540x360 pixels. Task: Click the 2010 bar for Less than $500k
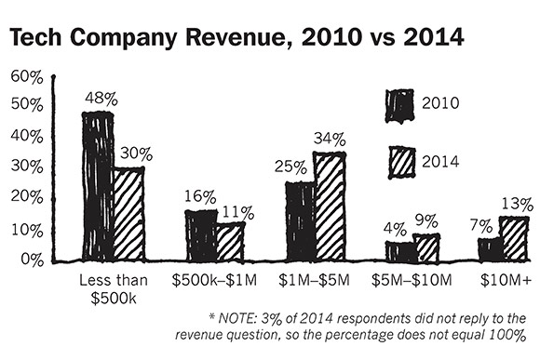[x=97, y=186]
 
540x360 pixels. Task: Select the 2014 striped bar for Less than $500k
[x=128, y=214]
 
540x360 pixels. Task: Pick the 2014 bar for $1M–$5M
[x=329, y=207]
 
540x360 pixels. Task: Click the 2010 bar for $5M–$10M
[x=400, y=251]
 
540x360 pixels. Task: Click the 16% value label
[x=200, y=197]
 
